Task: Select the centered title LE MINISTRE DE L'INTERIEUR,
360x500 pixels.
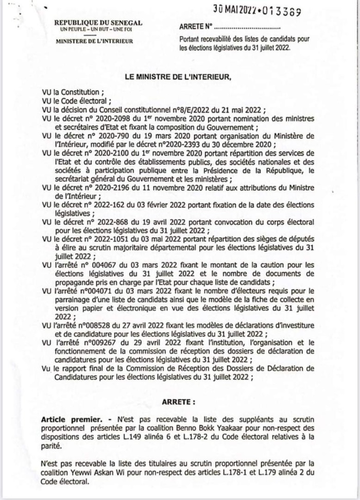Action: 178,77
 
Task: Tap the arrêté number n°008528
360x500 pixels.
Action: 93,328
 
